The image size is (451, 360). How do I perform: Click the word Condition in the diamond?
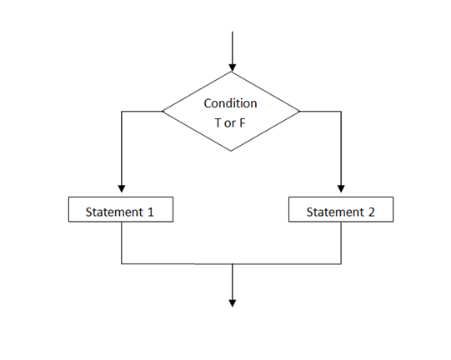231,103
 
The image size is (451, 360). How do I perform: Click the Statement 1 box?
121,211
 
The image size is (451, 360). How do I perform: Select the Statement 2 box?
340,211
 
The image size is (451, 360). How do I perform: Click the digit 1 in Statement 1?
151,212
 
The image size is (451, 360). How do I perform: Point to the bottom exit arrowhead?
232,302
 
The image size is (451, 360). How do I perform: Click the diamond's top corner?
232,72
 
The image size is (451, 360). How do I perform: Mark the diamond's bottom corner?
231,151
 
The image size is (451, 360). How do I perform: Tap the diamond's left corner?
163,110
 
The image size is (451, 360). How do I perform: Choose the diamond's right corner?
300,110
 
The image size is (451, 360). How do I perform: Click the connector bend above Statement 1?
122,110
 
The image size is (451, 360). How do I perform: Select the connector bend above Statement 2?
341,110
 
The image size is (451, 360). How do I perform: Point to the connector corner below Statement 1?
122,263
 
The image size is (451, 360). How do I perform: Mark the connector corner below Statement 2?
341,263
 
